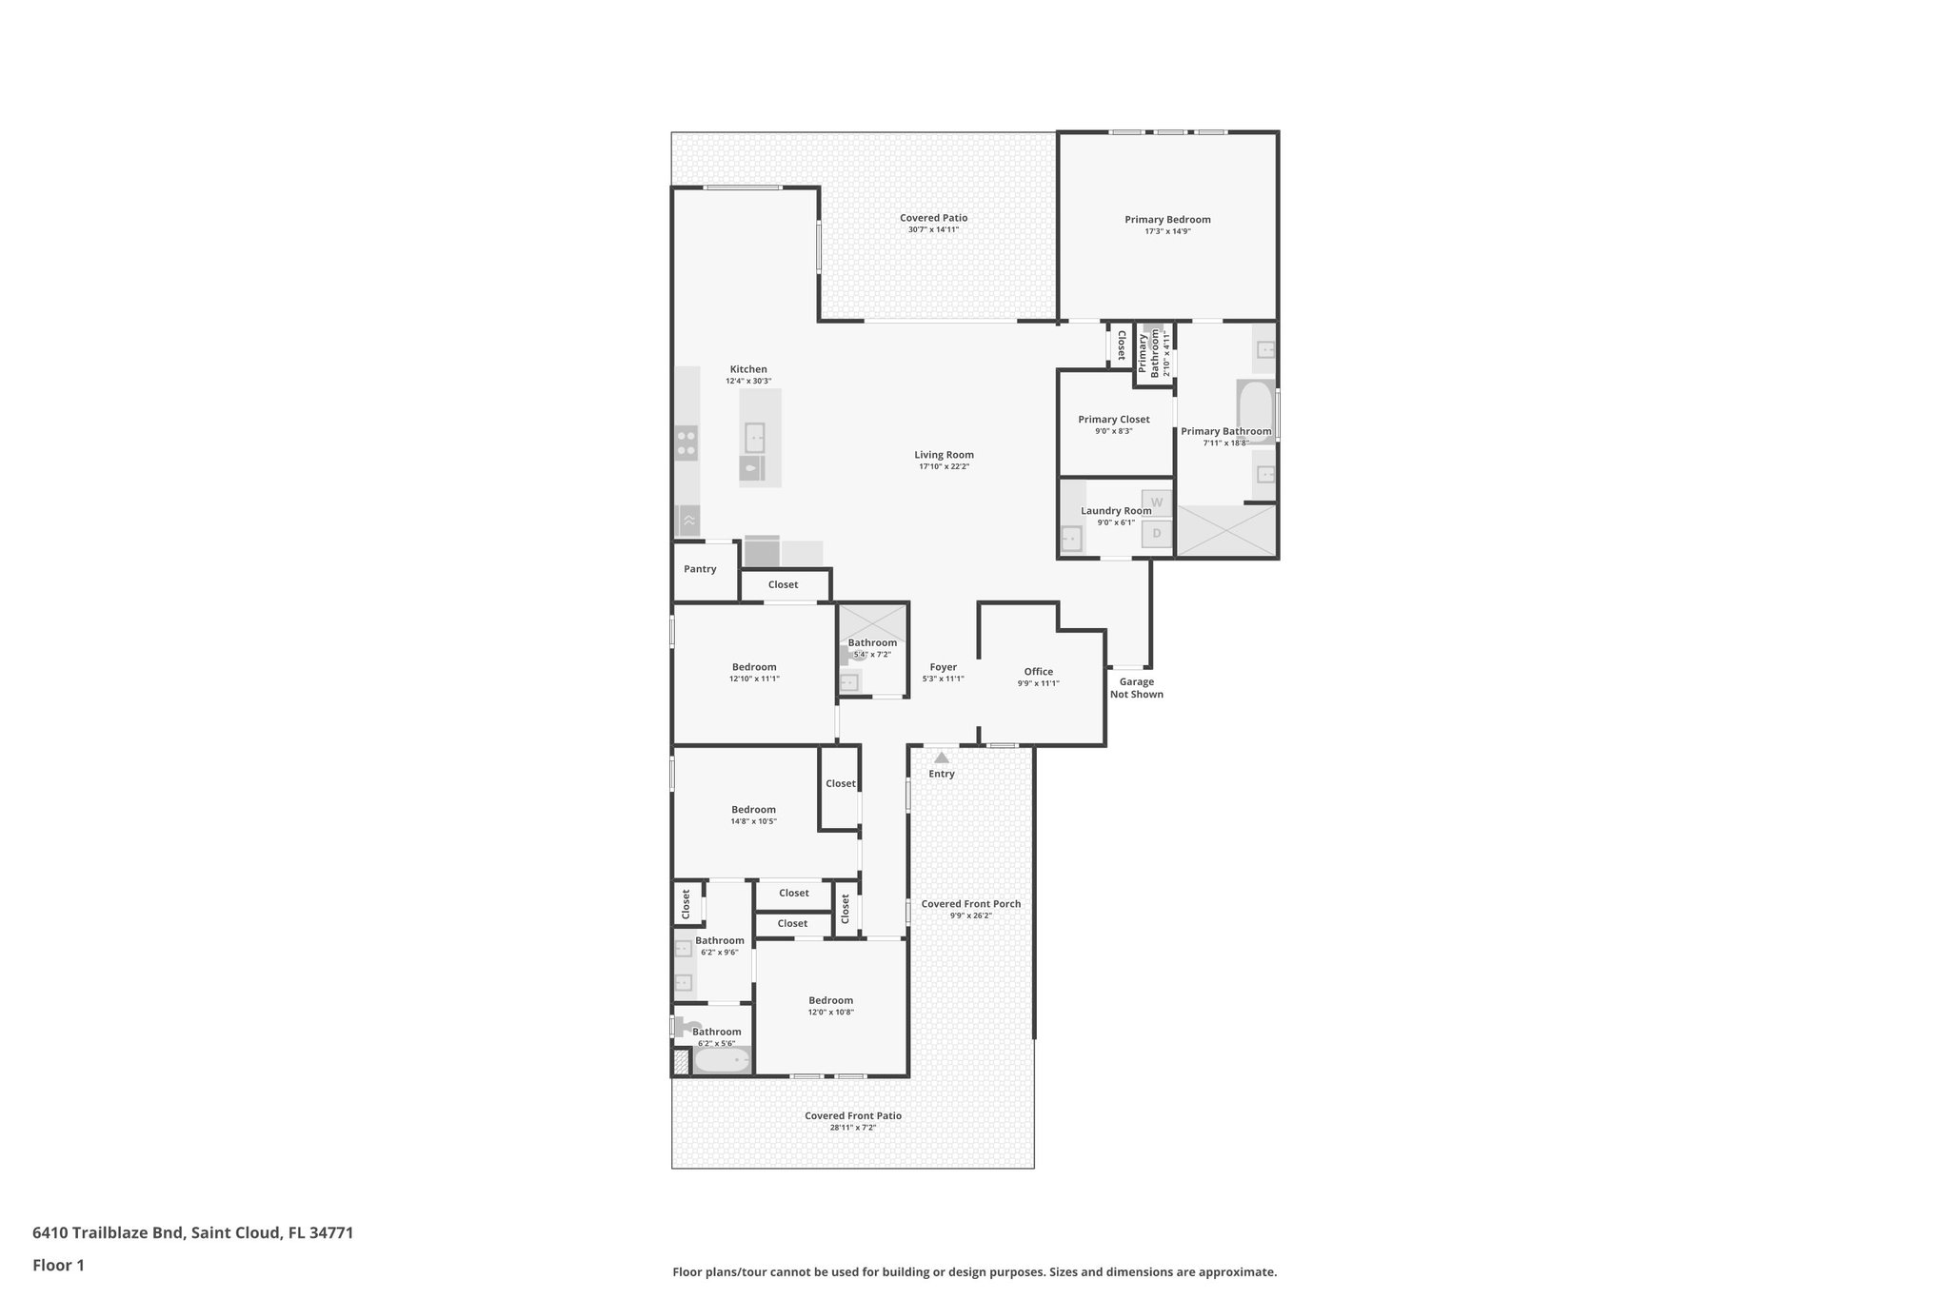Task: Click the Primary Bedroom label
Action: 1167,220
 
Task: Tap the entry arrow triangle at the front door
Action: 942,758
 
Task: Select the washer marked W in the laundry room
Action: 1157,502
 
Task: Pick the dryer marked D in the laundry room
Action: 1157,534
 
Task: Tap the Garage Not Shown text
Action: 1136,688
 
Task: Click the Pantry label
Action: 700,569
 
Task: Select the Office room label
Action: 1038,672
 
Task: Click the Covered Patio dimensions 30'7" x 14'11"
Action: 933,229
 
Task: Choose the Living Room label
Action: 944,455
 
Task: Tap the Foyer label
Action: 943,667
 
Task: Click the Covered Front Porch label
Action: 970,904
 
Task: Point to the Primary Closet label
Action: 1113,420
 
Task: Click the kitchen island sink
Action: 754,438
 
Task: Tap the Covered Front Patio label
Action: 852,1116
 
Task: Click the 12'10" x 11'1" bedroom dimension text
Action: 754,679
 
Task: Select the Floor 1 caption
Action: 58,1266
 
